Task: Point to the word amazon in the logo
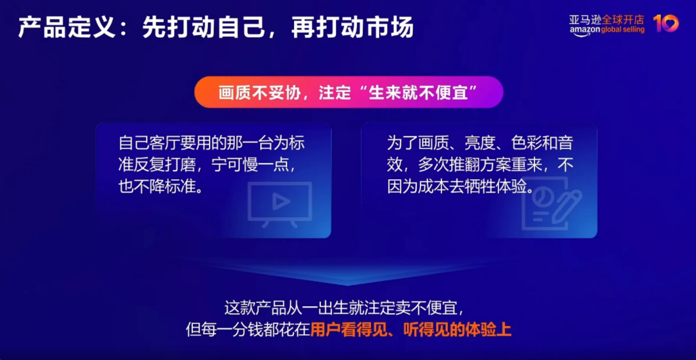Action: tap(584, 30)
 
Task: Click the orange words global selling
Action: tap(623, 30)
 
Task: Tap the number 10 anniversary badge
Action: tap(666, 24)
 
